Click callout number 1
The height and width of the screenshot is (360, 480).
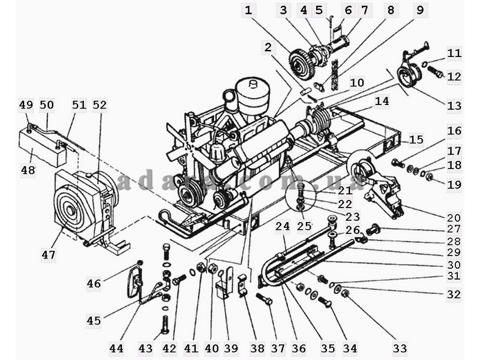(x=248, y=10)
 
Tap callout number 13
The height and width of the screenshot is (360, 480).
(x=454, y=106)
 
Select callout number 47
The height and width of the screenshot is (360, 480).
(x=49, y=254)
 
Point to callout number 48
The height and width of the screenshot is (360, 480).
(x=28, y=169)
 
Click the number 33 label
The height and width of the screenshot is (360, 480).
(x=400, y=348)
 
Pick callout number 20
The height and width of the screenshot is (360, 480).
(x=454, y=218)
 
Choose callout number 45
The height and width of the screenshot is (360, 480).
(x=94, y=320)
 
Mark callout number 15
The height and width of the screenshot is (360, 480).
(x=416, y=140)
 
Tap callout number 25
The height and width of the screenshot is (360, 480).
(x=304, y=226)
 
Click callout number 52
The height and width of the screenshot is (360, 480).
(x=100, y=104)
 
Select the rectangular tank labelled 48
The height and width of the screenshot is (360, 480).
(x=43, y=148)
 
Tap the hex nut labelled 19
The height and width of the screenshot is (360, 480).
(x=429, y=176)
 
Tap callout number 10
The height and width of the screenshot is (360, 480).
(x=357, y=83)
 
